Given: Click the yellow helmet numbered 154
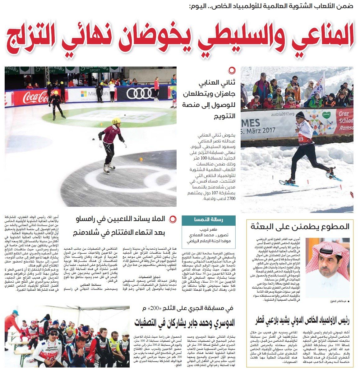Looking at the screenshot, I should click(116, 121).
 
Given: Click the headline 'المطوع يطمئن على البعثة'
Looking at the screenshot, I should click(300, 226).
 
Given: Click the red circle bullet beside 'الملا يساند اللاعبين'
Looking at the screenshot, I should click(173, 220).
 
